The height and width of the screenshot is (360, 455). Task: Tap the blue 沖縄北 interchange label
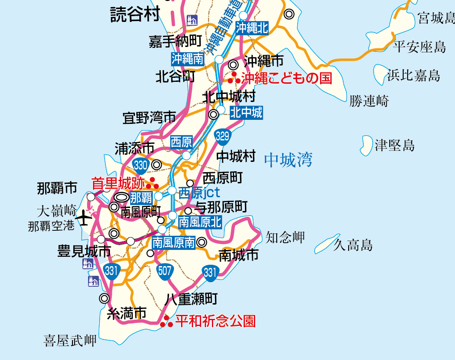[252, 28]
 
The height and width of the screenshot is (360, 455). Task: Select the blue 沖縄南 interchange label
[187, 59]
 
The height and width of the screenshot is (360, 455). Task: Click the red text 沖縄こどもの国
[287, 79]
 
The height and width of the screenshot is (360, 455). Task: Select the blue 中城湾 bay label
[288, 159]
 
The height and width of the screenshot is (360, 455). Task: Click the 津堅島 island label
[395, 145]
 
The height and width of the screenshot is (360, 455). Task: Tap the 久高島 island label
[353, 245]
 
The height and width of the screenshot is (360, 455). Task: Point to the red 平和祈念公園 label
[215, 321]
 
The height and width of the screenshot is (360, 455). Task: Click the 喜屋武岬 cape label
[70, 341]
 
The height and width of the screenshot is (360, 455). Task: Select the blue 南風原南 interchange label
[173, 243]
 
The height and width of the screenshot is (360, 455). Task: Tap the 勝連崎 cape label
[369, 101]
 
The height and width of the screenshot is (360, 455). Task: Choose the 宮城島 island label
[436, 18]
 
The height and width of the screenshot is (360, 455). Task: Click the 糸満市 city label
[127, 313]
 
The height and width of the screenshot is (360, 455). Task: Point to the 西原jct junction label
[199, 193]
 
